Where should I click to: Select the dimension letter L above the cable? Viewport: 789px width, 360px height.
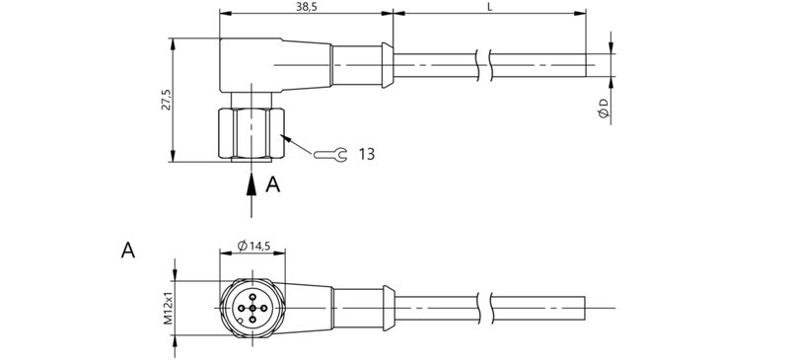[x=489, y=7]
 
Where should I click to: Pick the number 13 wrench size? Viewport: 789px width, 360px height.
[x=366, y=154]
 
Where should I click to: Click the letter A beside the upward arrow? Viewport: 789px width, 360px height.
[x=274, y=183]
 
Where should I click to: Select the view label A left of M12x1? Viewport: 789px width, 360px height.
[x=127, y=250]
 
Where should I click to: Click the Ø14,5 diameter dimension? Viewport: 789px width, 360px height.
[x=255, y=247]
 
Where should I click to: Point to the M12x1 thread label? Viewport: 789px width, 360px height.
[x=168, y=307]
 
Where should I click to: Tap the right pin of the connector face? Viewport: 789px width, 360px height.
[x=262, y=306]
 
